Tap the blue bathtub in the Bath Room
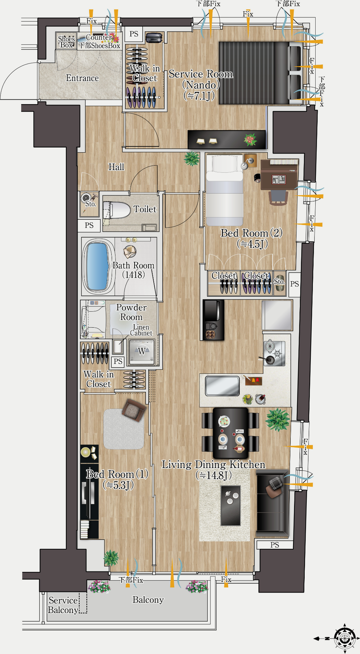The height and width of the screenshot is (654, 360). click(98, 266)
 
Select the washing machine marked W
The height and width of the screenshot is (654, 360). click(142, 352)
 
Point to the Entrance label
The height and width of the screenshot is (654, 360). click(82, 78)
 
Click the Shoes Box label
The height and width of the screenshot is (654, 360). click(66, 42)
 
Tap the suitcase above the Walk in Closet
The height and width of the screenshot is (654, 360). click(154, 38)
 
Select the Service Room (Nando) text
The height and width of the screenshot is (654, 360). click(200, 85)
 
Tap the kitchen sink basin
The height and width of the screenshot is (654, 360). click(222, 386)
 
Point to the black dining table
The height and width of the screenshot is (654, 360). click(231, 433)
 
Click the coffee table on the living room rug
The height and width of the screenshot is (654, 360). click(231, 506)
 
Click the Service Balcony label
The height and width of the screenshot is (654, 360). click(63, 605)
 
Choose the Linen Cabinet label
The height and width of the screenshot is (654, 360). click(141, 330)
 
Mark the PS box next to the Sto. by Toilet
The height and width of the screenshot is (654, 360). click(89, 225)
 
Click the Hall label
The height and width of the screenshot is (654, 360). click(116, 167)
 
